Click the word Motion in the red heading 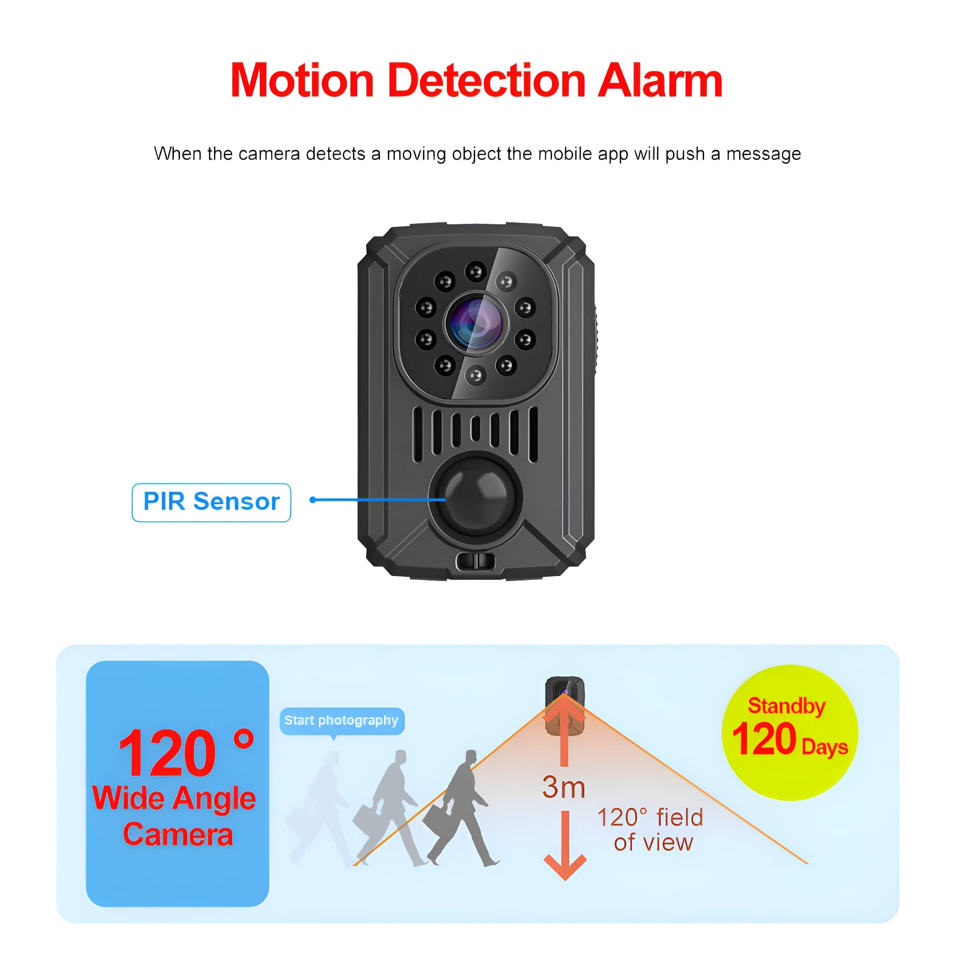302,81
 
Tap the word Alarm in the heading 660,80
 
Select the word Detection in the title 487,80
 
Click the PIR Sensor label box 211,502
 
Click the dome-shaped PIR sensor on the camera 475,495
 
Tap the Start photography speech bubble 341,721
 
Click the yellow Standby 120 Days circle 790,733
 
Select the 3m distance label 563,787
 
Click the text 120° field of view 651,830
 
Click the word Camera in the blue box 178,835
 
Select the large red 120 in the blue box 166,754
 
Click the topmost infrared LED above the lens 476,271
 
